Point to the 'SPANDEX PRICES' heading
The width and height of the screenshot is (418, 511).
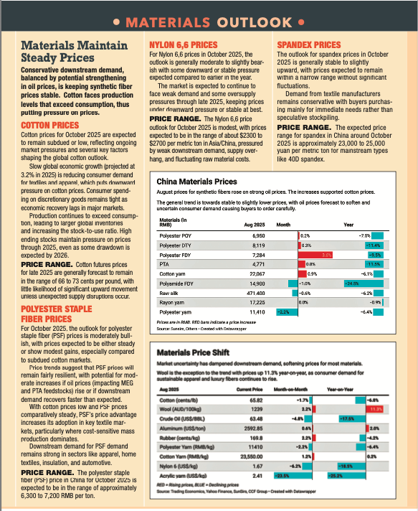pyautogui.click(x=308, y=44)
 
